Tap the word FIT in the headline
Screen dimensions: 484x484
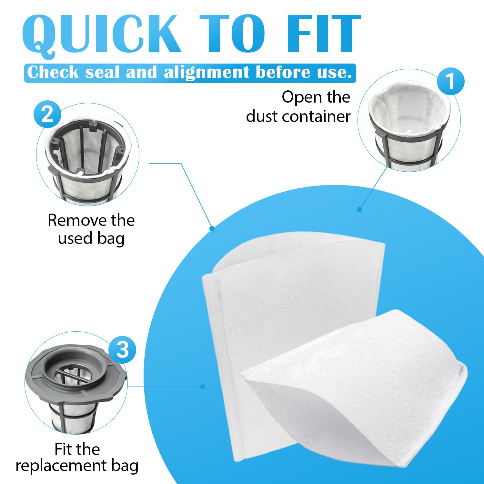[324, 33]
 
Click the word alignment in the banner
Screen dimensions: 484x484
[207, 72]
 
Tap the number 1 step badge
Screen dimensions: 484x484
[450, 81]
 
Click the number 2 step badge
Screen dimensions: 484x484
[47, 114]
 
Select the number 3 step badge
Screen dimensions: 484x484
[122, 350]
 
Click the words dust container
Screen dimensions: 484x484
[298, 116]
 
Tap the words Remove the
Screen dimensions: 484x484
[91, 220]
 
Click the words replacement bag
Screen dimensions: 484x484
[77, 466]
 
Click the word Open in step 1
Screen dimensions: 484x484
[301, 97]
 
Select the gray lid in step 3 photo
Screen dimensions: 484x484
[76, 371]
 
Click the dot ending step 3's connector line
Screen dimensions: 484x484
[203, 387]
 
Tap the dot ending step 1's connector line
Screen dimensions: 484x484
[359, 209]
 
